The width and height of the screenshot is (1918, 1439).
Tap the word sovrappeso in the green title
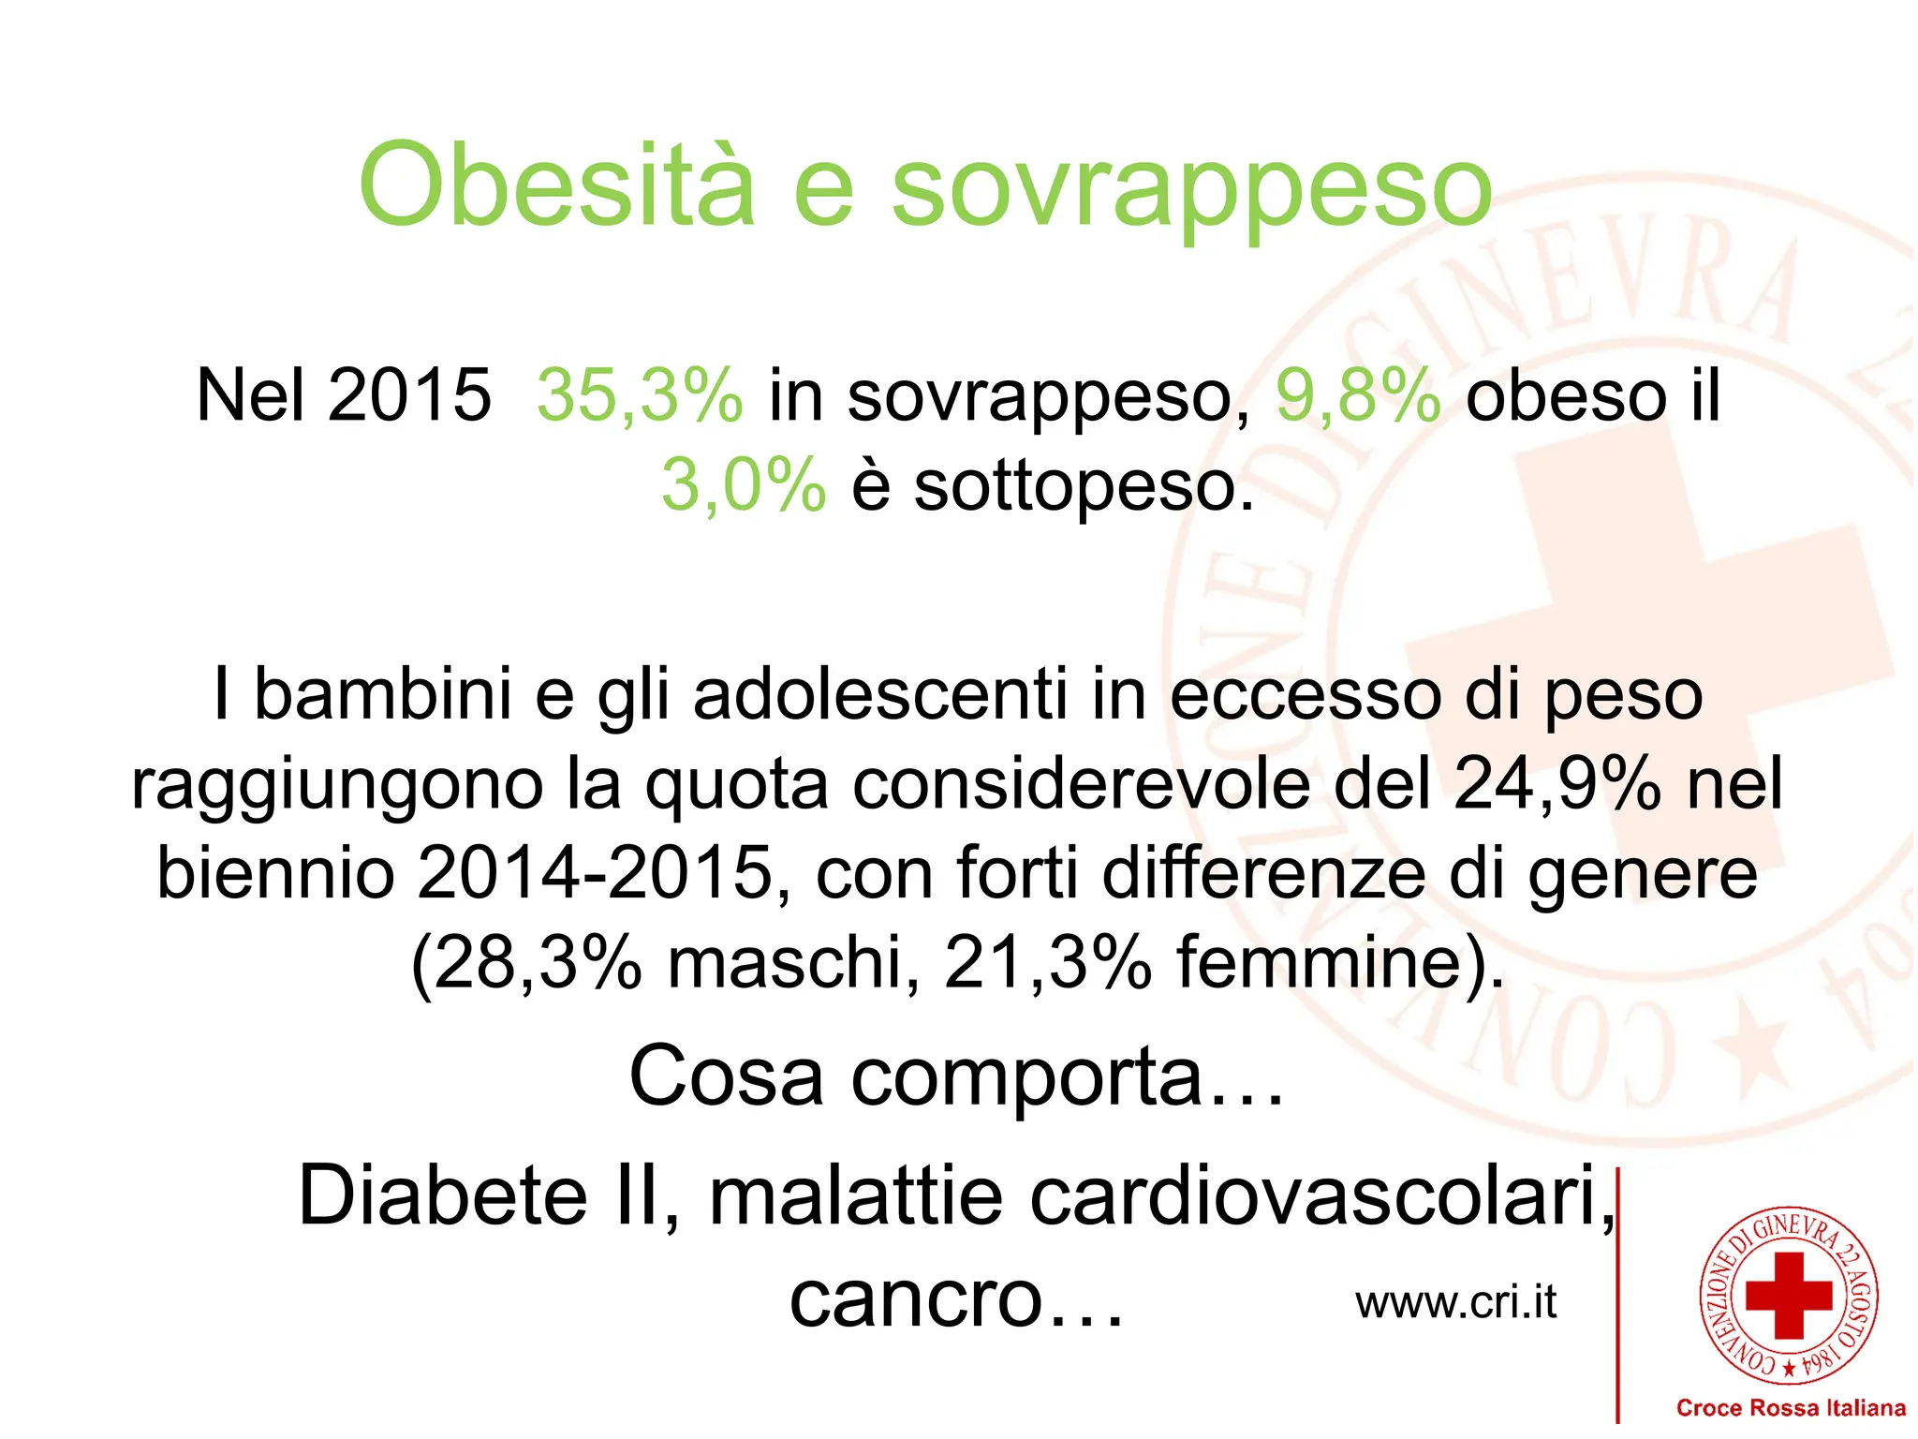point(1191,190)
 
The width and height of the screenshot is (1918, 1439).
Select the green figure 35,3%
point(640,395)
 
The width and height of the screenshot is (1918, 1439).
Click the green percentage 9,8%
point(1358,395)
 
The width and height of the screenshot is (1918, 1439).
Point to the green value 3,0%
point(744,485)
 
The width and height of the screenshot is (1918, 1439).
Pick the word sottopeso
point(1083,487)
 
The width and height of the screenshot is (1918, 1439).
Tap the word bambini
point(382,694)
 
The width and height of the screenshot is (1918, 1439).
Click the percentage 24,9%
point(1557,784)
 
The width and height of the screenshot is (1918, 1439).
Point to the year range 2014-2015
point(596,873)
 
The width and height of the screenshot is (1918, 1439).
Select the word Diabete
point(442,1195)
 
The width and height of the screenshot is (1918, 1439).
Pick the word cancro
point(916,1299)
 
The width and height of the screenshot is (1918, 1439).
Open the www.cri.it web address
point(1455,1302)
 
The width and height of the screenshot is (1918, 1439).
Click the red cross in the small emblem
point(1789,1296)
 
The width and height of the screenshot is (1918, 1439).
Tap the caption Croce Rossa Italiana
point(1790,1407)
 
